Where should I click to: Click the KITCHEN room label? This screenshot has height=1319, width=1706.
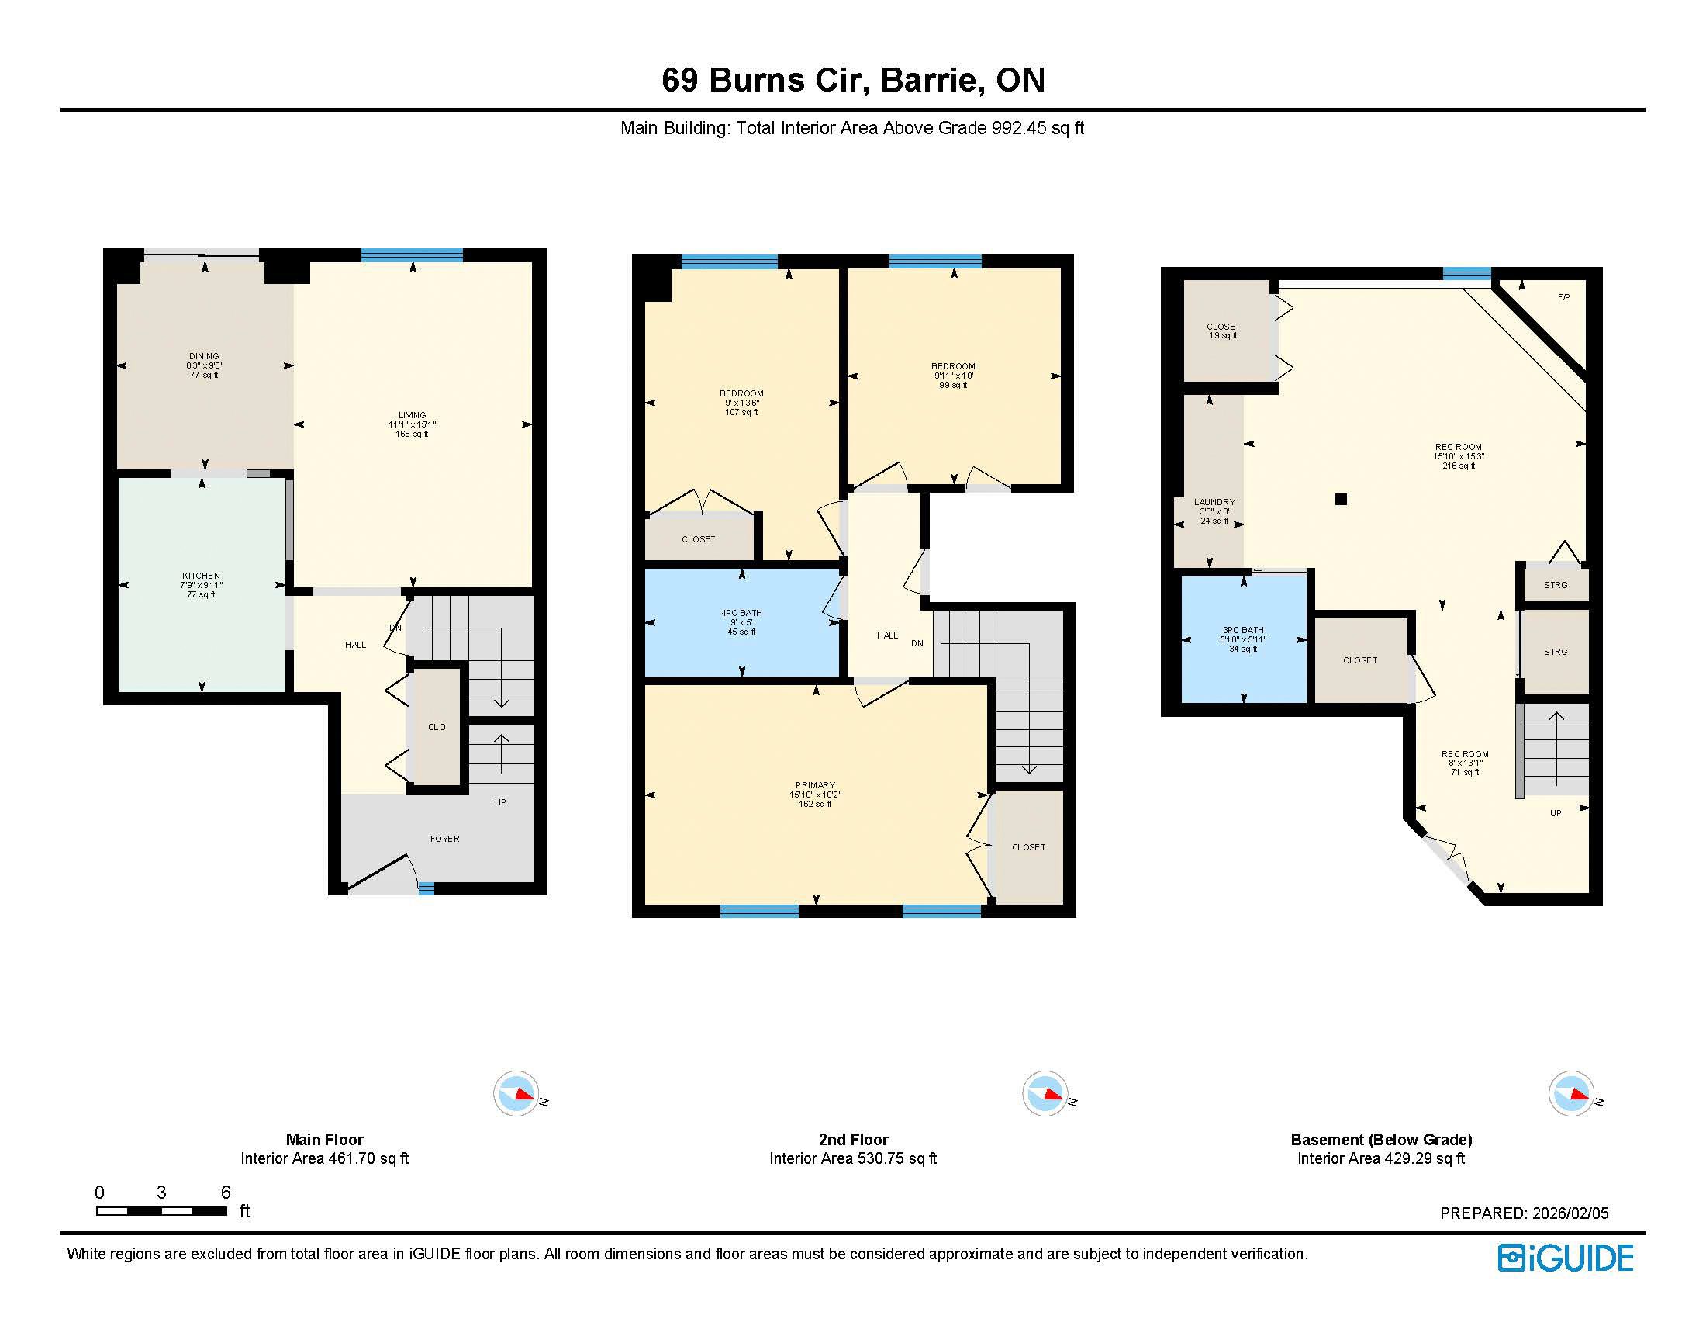pyautogui.click(x=201, y=576)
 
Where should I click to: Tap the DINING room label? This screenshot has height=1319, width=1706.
pyautogui.click(x=204, y=356)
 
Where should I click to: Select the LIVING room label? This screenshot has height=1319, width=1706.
pyautogui.click(x=413, y=416)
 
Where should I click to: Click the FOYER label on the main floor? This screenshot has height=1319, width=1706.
pyautogui.click(x=444, y=840)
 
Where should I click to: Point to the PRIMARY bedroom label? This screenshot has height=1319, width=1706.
pyautogui.click(x=816, y=785)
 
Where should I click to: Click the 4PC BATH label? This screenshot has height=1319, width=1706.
pyautogui.click(x=741, y=614)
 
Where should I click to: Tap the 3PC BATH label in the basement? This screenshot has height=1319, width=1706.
pyautogui.click(x=1243, y=631)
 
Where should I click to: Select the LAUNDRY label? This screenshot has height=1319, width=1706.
pyautogui.click(x=1214, y=503)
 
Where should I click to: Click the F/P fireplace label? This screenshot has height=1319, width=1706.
pyautogui.click(x=1563, y=298)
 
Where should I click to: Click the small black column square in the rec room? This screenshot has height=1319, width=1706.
pyautogui.click(x=1342, y=500)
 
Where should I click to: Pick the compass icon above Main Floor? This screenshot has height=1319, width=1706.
pyautogui.click(x=516, y=1094)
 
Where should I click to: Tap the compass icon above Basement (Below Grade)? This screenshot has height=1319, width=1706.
pyautogui.click(x=1572, y=1094)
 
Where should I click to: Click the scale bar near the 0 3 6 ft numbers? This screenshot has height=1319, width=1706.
pyautogui.click(x=162, y=1211)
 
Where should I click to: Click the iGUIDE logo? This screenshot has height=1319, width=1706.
pyautogui.click(x=1566, y=1258)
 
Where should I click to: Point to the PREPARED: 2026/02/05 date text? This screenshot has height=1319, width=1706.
pyautogui.click(x=1524, y=1213)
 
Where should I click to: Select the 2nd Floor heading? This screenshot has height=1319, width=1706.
pyautogui.click(x=853, y=1140)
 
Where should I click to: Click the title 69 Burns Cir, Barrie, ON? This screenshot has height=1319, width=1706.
pyautogui.click(x=853, y=80)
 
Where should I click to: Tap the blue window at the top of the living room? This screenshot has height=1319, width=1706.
pyautogui.click(x=412, y=254)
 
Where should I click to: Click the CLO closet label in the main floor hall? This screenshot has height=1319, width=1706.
pyautogui.click(x=437, y=728)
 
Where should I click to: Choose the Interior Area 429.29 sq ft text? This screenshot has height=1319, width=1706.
pyautogui.click(x=1381, y=1159)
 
